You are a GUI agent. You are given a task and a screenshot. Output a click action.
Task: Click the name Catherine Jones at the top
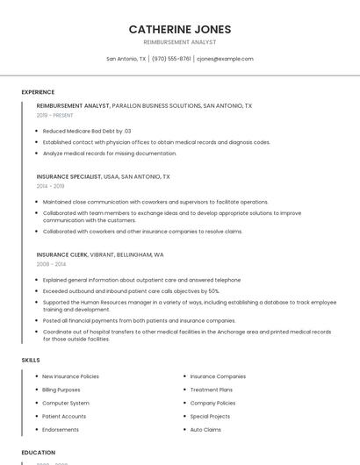tap(180, 30)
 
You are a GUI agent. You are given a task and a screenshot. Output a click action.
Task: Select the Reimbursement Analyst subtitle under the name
tap(180, 42)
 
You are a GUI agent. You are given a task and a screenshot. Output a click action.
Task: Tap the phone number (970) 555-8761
tap(171, 59)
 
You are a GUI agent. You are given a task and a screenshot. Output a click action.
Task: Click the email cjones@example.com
tap(225, 59)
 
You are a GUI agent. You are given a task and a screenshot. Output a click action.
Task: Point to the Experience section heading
tap(38, 92)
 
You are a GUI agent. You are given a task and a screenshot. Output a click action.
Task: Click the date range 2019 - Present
tap(55, 115)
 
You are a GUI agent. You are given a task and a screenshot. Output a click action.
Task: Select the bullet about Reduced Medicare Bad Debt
tap(87, 131)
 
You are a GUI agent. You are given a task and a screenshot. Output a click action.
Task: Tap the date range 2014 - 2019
tap(51, 186)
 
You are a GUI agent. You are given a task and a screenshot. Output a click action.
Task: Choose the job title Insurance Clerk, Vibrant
tap(100, 254)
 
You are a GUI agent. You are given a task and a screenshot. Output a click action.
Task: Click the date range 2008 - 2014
tap(51, 264)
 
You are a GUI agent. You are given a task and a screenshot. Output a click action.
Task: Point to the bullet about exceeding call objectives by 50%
tap(131, 291)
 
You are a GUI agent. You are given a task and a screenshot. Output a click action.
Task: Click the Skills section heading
tap(31, 360)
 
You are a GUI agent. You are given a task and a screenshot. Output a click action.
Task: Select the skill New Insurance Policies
tap(70, 376)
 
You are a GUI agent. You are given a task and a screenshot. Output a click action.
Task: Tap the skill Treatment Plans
tap(212, 390)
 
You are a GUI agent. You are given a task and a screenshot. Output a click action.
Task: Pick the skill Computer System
tap(66, 403)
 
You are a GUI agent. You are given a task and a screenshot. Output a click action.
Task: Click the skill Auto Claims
tap(205, 430)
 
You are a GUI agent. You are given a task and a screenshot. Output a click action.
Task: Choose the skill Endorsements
tap(61, 430)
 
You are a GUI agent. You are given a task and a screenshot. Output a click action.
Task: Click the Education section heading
tap(38, 453)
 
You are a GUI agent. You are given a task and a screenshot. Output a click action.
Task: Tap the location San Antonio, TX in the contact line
tap(126, 59)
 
